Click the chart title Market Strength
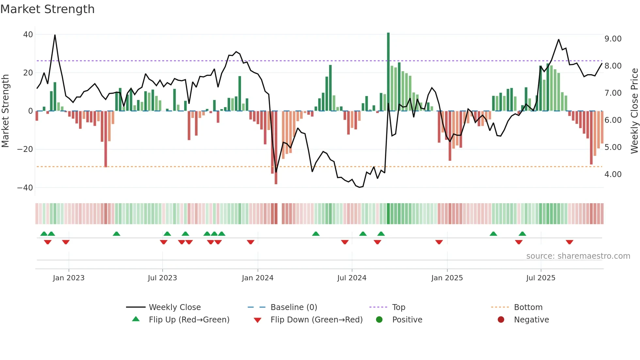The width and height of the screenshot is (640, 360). pos(47,9)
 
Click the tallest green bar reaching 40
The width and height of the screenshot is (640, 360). pos(388,72)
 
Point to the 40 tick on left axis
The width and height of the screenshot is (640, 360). pos(28,35)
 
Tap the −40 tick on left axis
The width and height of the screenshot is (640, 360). pos(25,188)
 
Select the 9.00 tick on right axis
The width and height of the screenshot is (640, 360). pos(613,39)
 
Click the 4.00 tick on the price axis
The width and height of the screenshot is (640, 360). pos(613,174)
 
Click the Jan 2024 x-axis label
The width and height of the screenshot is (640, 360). pos(258,278)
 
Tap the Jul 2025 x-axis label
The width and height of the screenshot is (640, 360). pos(541,278)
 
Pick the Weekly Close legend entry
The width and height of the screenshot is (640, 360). pos(175,307)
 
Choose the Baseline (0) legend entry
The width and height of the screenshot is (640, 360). pos(294,307)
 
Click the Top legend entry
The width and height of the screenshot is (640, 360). pos(399,307)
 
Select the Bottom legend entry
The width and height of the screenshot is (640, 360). pos(528,307)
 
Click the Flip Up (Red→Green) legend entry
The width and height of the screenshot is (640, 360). pos(189,320)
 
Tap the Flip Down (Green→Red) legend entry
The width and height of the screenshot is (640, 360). pos(316,320)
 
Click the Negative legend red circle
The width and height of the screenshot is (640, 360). pos(501,320)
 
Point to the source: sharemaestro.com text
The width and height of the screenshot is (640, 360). pos(578,256)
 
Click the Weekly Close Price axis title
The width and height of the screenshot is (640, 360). pos(634,111)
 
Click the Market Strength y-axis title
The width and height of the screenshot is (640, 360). pos(6,111)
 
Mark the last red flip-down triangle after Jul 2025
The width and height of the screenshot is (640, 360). pos(569,242)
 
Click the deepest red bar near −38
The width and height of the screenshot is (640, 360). pos(276,148)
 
